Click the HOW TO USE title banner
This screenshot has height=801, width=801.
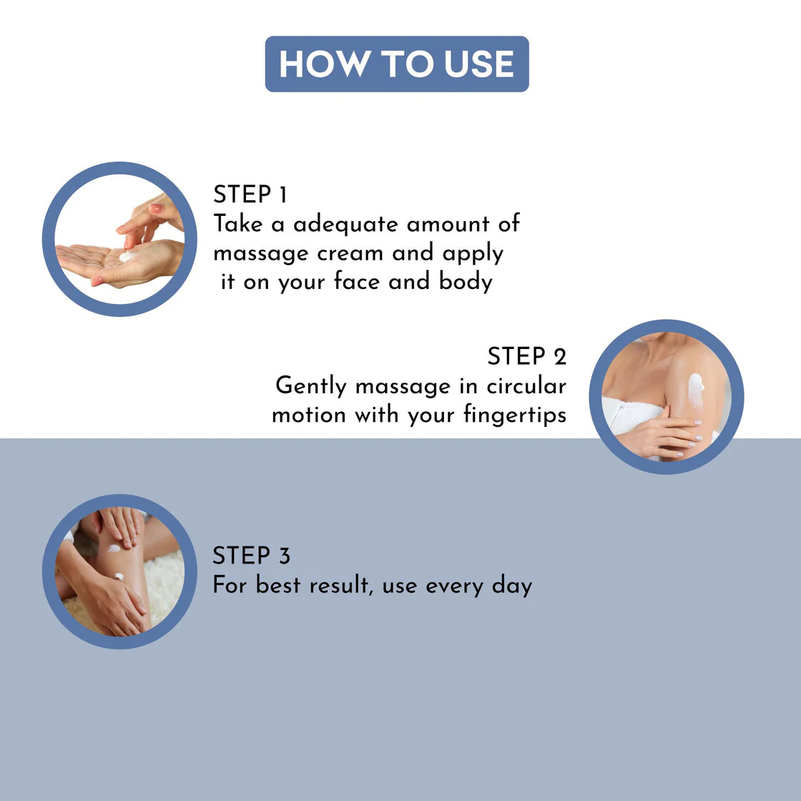click(x=397, y=64)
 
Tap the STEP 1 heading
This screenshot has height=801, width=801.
click(x=250, y=195)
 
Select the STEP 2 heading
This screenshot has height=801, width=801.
click(x=526, y=356)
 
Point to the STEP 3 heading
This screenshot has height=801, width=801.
click(x=251, y=555)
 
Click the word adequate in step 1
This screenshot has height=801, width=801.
click(x=345, y=225)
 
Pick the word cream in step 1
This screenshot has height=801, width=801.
click(x=350, y=254)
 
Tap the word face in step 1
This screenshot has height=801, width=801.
click(x=357, y=281)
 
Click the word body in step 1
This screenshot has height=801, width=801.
click(x=466, y=282)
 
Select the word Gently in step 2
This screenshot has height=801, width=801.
click(x=310, y=386)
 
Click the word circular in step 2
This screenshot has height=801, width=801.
click(x=526, y=385)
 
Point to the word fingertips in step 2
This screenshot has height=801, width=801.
click(x=515, y=415)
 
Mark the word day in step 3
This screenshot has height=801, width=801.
click(x=512, y=586)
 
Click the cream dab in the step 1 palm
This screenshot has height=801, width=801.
click(x=128, y=255)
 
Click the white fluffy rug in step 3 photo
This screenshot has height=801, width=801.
click(x=164, y=587)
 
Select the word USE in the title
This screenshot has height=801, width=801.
click(x=479, y=64)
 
